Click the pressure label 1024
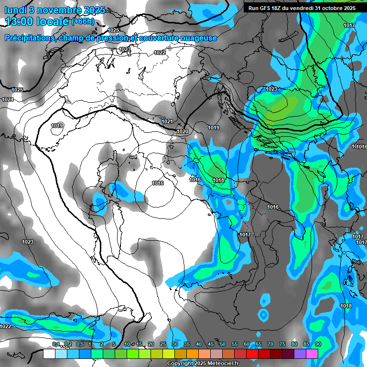(8, 99)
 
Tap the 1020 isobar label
(183, 131)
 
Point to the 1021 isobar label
(167, 122)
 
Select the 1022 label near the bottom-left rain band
(5, 326)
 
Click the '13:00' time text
(20, 22)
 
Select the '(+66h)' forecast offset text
(82, 22)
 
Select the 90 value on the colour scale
(318, 344)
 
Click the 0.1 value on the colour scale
(56, 344)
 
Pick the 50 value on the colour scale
(223, 344)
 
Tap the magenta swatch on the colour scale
(312, 354)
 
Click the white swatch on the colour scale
(49, 354)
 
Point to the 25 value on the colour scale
(163, 344)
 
